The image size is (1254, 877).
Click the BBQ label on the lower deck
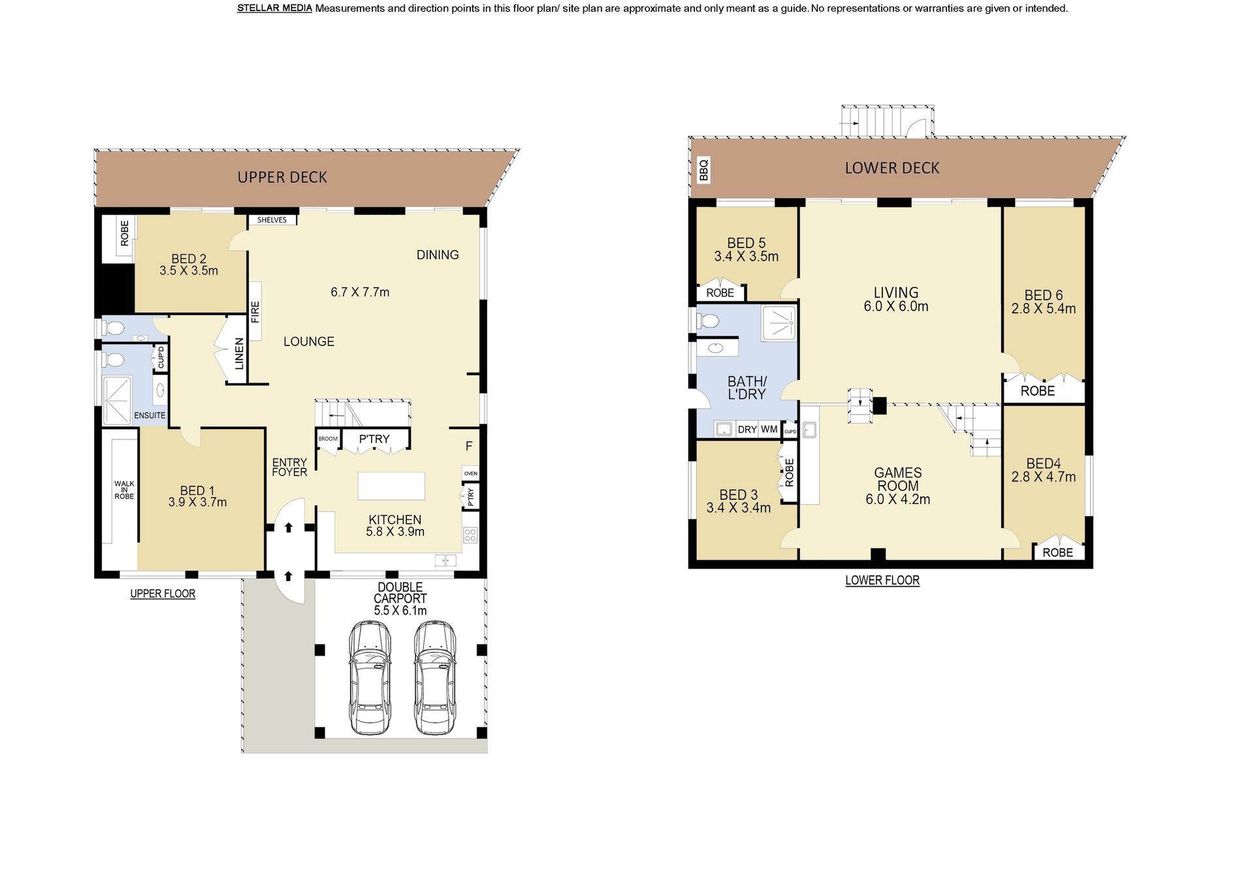coord(703,170)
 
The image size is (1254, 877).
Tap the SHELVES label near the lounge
coord(272,220)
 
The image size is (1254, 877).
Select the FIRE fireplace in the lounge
coord(255,311)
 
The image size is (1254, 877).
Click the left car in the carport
coord(369,677)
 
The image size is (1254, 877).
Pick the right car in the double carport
coord(436,677)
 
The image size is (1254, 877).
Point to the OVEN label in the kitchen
coord(470,473)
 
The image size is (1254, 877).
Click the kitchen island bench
coord(391,486)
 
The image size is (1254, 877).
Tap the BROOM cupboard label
coord(328,439)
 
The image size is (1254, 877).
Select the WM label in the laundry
coord(769,429)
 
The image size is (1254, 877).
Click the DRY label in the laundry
coord(747,429)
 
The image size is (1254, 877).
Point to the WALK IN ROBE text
coord(124,490)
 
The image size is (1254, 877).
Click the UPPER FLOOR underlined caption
coord(163,594)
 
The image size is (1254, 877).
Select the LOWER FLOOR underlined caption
coord(882,580)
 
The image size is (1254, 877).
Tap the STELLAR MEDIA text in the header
coord(274,8)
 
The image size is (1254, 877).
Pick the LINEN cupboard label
coord(239,353)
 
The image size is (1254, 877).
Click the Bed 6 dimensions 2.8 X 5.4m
coord(1044,309)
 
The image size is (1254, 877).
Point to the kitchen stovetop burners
coord(470,535)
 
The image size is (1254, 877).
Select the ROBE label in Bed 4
coord(1057,552)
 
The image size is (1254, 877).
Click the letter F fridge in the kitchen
coord(469,447)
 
